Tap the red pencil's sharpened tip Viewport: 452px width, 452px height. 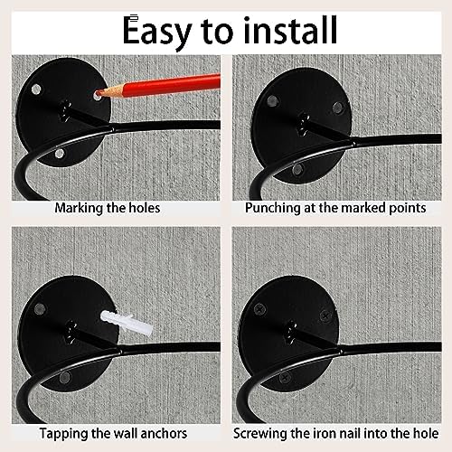[98, 94]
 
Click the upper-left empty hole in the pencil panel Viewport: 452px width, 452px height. [36, 89]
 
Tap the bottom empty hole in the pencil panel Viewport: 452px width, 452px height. [60, 154]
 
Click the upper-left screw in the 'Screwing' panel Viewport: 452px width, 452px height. [259, 309]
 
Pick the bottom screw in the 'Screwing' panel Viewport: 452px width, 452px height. [285, 378]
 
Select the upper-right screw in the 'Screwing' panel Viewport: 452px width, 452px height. [325, 315]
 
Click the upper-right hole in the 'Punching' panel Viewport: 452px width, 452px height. [338, 107]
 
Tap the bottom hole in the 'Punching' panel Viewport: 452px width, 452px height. [297, 169]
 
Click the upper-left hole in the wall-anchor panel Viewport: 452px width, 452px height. [40, 308]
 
